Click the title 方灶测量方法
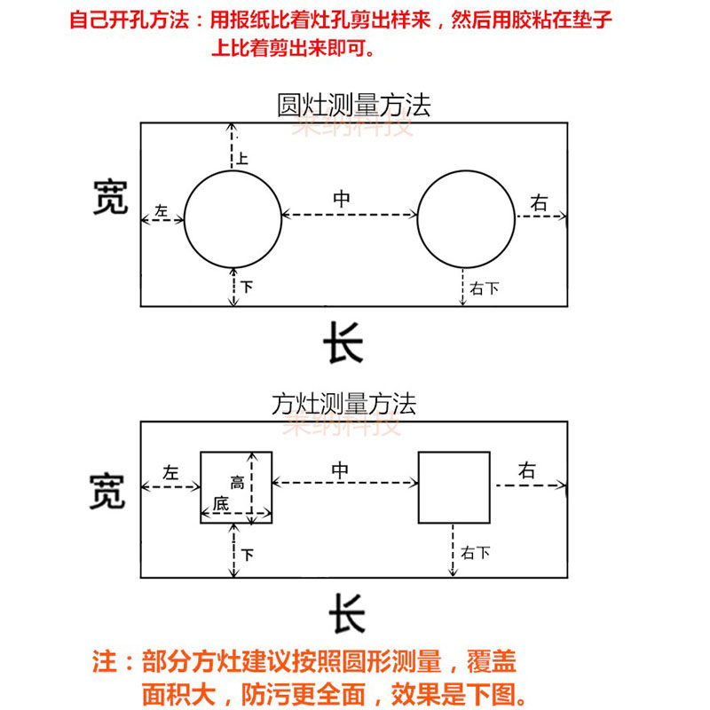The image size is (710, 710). pyautogui.click(x=343, y=405)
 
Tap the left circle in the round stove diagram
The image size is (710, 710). pyautogui.click(x=233, y=218)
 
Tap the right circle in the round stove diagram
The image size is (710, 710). pyautogui.click(x=466, y=218)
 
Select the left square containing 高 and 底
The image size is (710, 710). pyautogui.click(x=235, y=486)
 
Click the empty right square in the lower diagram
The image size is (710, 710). pyautogui.click(x=454, y=486)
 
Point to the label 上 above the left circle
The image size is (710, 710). pyautogui.click(x=242, y=160)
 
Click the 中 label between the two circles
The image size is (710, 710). pyautogui.click(x=341, y=200)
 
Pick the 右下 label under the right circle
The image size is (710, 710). pyautogui.click(x=484, y=288)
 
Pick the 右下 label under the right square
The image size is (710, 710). pyautogui.click(x=476, y=554)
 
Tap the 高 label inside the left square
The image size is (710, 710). pyautogui.click(x=237, y=483)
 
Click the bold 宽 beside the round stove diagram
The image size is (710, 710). pyautogui.click(x=110, y=198)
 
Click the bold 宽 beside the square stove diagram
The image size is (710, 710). pyautogui.click(x=106, y=491)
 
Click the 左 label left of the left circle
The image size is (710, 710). pyautogui.click(x=161, y=211)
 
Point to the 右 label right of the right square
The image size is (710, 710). pyautogui.click(x=527, y=471)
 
